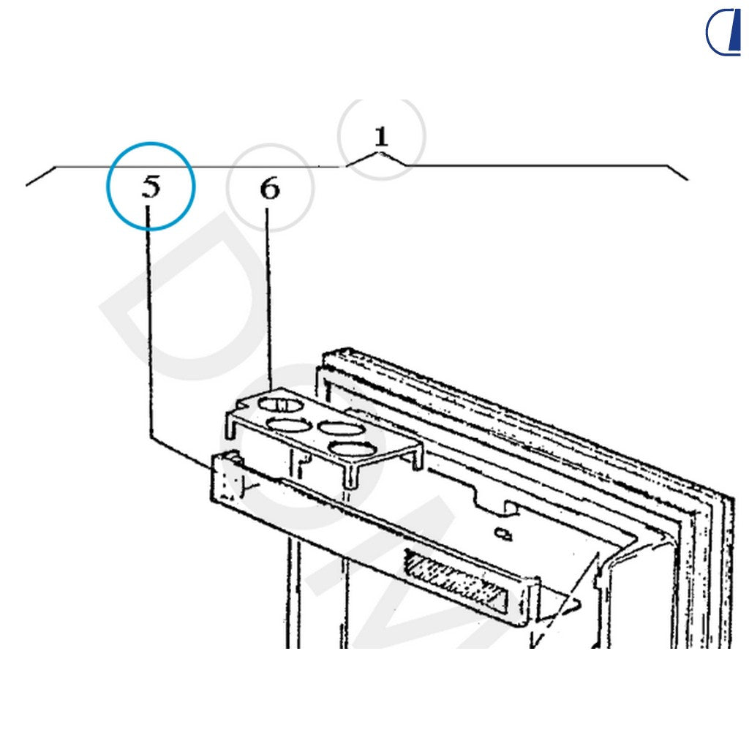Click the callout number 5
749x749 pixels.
click(151, 187)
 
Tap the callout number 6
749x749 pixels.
click(270, 188)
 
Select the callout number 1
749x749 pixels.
click(381, 137)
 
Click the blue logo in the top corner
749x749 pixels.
click(723, 32)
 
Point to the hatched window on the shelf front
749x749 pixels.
click(455, 581)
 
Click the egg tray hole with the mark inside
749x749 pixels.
click(281, 405)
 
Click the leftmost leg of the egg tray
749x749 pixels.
click(230, 426)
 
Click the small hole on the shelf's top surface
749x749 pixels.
click(503, 533)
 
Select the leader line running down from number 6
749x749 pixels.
click(269, 298)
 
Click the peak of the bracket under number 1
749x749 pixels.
click(380, 153)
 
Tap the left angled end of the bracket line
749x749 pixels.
click(41, 176)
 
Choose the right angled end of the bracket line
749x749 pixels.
click(677, 173)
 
